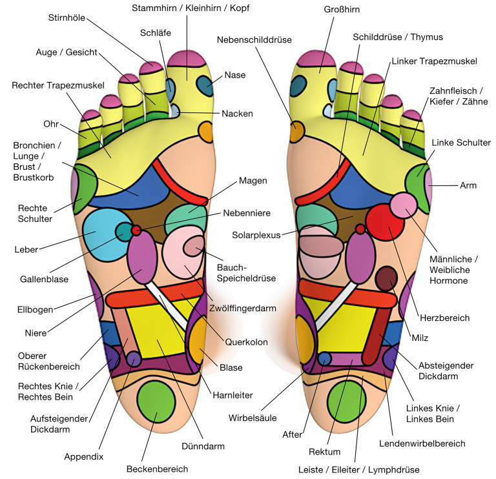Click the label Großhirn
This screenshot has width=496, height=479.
341,10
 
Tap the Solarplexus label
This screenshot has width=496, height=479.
256,235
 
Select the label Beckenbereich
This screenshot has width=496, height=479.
157,469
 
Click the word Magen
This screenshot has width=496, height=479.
253,181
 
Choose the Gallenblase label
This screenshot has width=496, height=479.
44,279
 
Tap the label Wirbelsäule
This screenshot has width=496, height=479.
249,417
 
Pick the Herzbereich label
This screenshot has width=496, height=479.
444,318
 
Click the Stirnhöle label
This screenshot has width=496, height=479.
68,17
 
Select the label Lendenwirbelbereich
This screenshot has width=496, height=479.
431,443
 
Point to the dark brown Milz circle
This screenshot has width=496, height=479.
387,278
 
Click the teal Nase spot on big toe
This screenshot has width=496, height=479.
205,85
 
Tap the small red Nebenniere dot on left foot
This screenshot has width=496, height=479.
136,230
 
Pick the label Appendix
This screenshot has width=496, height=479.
83,456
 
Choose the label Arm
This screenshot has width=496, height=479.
468,185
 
